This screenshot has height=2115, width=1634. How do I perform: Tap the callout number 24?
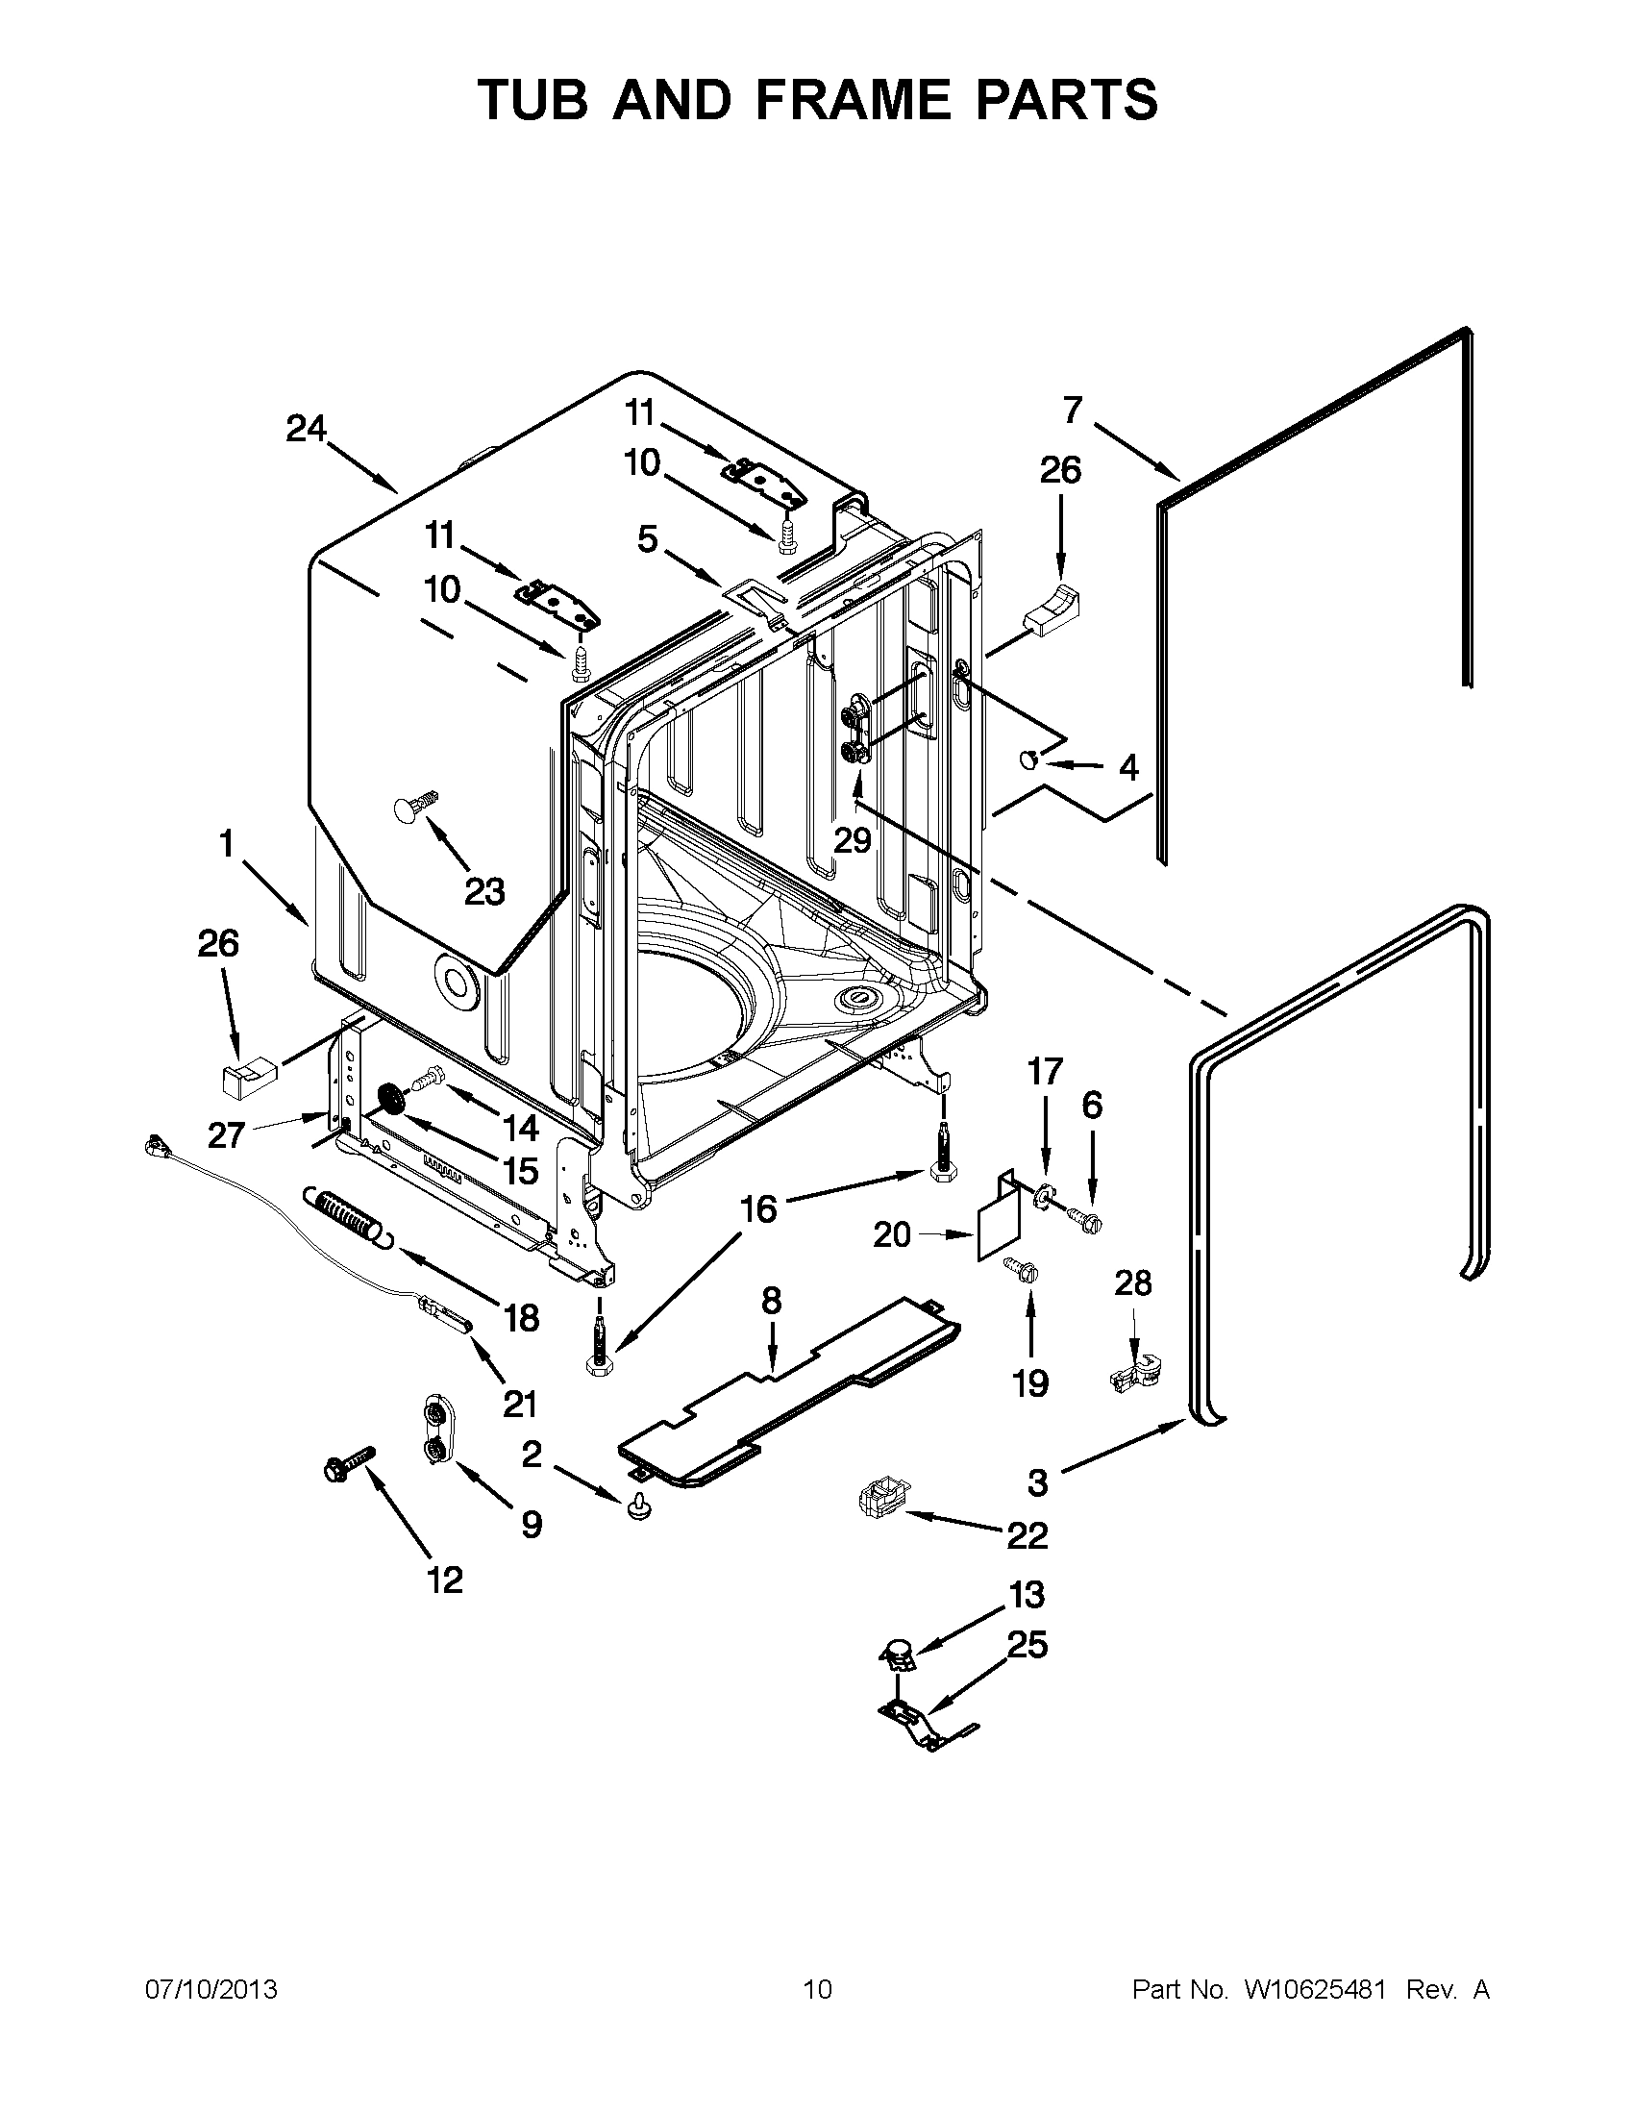point(306,428)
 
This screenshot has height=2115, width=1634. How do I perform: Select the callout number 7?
point(1072,411)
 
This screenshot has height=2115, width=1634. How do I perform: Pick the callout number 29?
point(853,839)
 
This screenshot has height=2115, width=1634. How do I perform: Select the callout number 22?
point(1027,1535)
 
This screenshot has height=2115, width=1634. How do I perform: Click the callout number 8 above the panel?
point(771,1301)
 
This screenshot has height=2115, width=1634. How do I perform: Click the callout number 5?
point(648,538)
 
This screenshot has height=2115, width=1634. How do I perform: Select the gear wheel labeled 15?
point(394,1101)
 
